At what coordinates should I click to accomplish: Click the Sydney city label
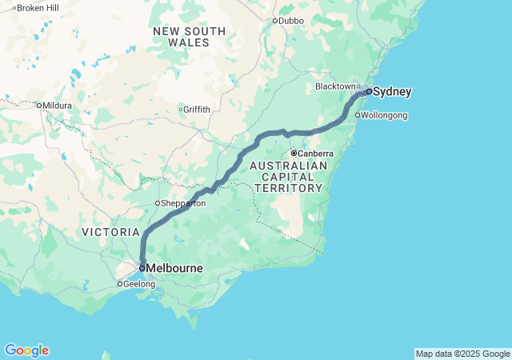coord(393,92)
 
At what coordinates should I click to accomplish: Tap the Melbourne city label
coord(174,269)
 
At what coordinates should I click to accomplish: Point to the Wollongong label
coord(385,116)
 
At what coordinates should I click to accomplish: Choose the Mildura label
coord(58,106)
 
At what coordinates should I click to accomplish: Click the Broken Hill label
coord(38,8)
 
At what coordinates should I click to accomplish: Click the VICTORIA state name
coord(110,232)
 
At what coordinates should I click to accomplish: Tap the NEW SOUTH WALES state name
coord(190,37)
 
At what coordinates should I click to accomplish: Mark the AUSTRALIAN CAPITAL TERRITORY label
coord(288,177)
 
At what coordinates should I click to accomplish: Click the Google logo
coord(26,350)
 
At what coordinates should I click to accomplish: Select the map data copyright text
coord(462,354)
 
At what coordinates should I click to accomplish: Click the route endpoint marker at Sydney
coord(368,92)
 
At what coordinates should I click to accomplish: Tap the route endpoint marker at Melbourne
coord(142,269)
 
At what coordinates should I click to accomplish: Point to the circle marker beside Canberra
coord(294,153)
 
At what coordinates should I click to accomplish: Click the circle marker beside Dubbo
coord(275,21)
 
